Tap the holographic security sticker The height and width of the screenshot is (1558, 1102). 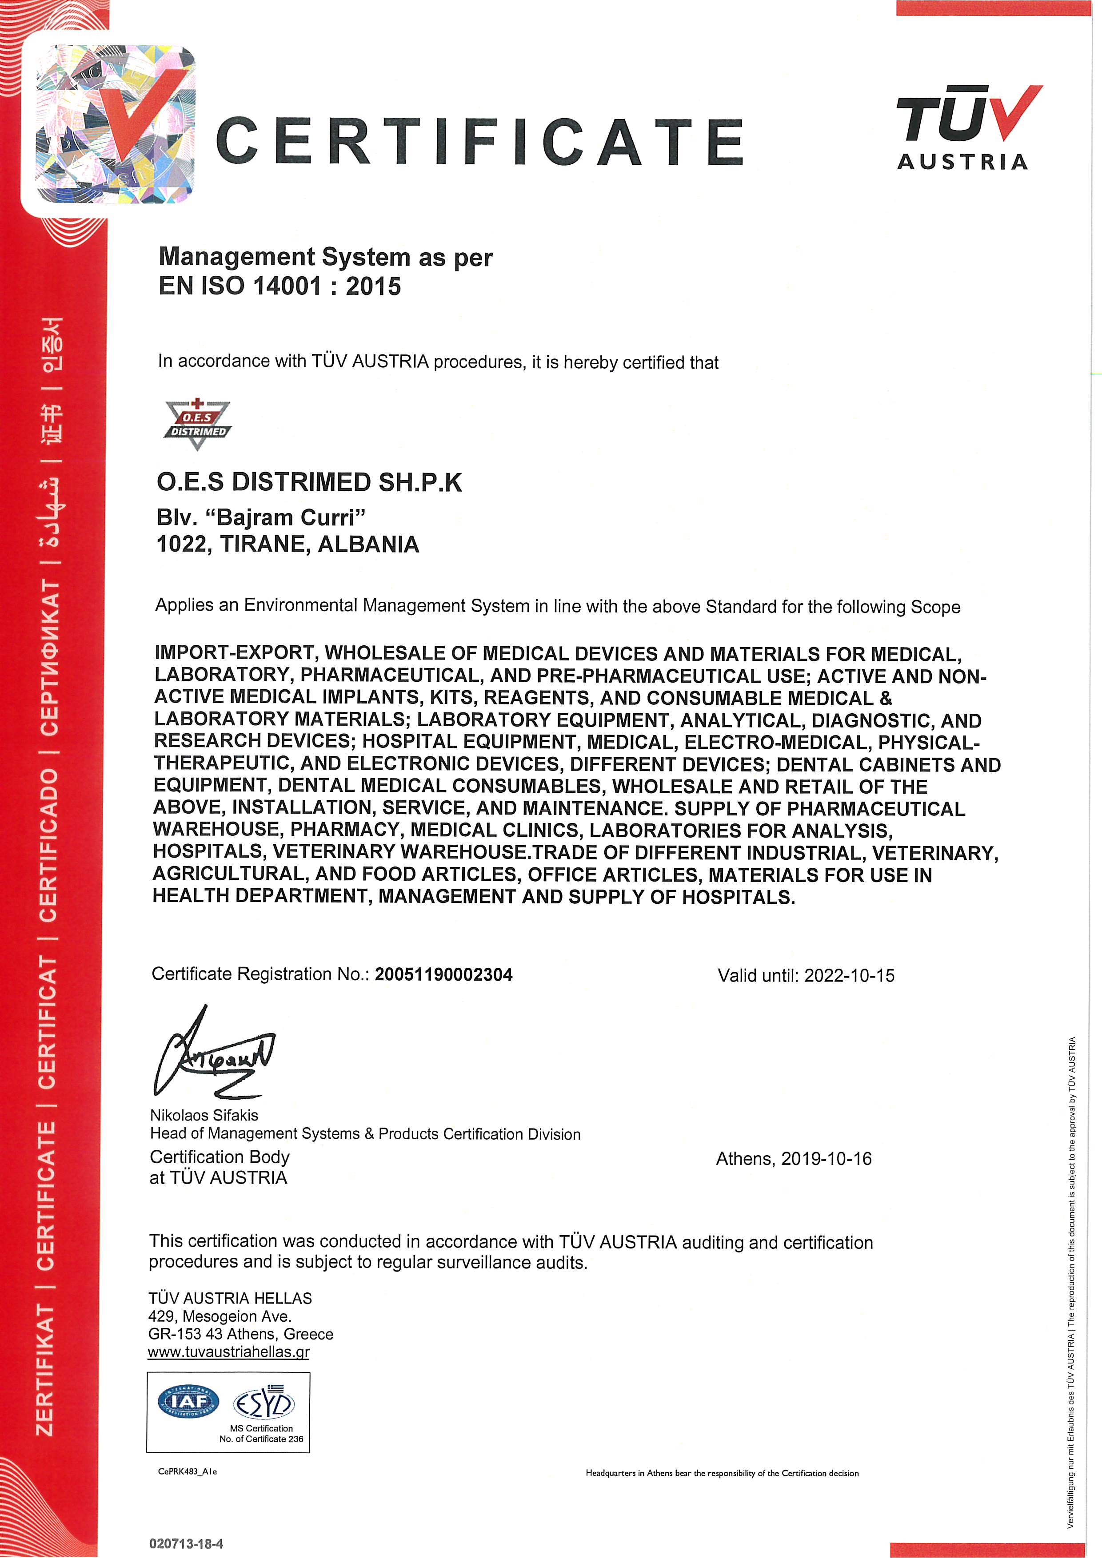(x=116, y=124)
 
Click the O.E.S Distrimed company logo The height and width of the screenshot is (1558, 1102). (x=197, y=425)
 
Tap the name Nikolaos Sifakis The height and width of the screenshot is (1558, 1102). (x=204, y=1115)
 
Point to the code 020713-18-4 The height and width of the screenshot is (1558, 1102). (x=186, y=1544)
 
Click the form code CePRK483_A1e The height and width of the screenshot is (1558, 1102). (x=188, y=1471)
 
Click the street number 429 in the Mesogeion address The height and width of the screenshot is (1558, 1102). (x=161, y=1316)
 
